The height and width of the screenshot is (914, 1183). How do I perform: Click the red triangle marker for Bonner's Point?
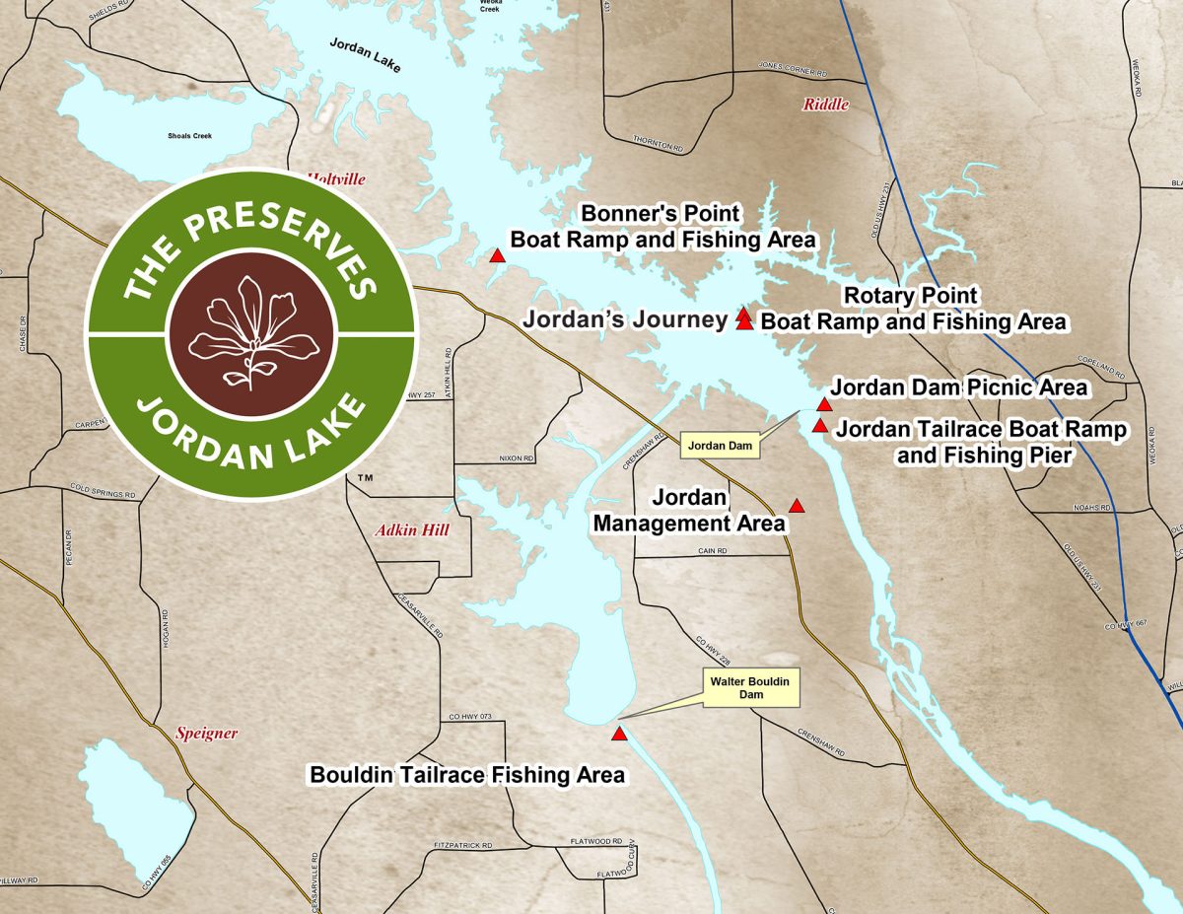click(x=498, y=256)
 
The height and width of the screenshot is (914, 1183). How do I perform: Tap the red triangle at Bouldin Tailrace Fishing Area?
click(x=619, y=734)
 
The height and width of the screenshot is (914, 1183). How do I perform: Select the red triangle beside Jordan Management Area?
click(x=798, y=506)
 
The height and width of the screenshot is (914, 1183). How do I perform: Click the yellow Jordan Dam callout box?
click(x=721, y=446)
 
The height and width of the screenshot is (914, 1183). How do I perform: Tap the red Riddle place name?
click(x=825, y=105)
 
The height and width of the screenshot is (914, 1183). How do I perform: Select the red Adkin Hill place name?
click(x=412, y=530)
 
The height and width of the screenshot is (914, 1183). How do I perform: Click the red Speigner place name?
click(x=206, y=733)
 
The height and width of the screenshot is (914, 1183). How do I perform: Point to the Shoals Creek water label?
click(x=189, y=136)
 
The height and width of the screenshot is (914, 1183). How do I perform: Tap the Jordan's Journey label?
click(x=625, y=319)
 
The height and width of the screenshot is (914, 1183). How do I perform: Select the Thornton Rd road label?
click(x=658, y=147)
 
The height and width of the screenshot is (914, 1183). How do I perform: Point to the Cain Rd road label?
click(x=712, y=551)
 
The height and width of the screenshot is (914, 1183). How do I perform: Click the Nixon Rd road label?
click(x=516, y=458)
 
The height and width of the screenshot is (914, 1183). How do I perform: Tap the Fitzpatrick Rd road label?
click(x=462, y=846)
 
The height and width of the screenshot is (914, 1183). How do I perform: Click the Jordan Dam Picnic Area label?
click(x=958, y=387)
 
